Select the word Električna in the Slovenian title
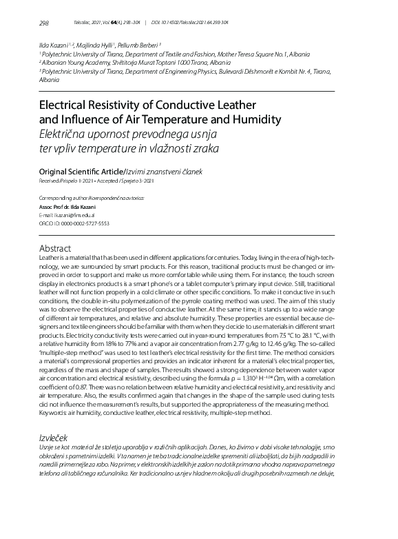tap(68, 134)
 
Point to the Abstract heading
tap(56, 247)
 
